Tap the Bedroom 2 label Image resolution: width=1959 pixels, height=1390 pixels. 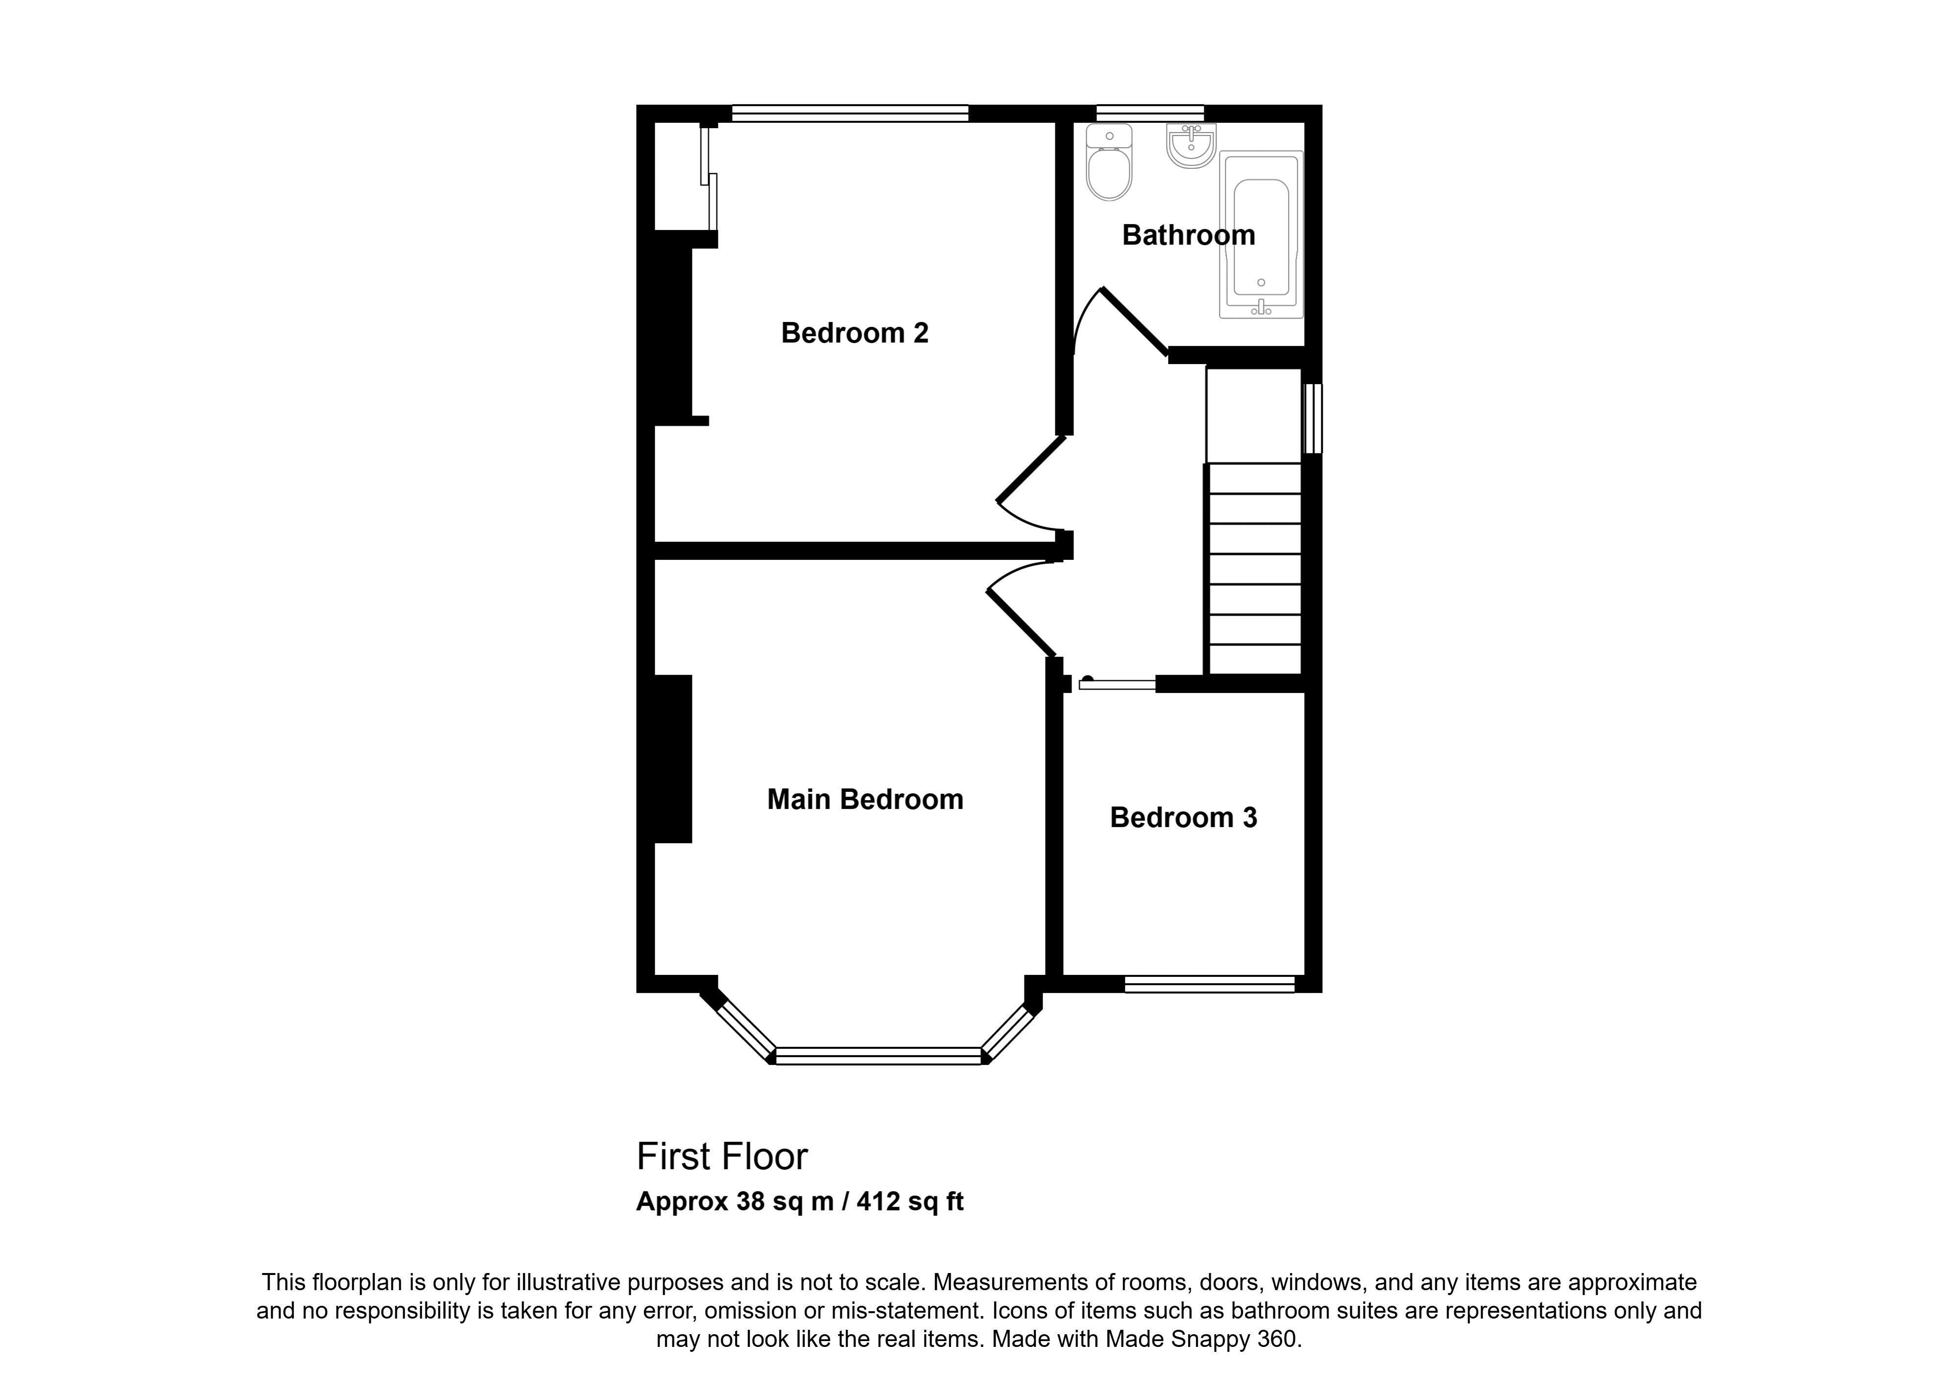pos(855,332)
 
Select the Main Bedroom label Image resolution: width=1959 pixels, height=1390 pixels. pos(865,799)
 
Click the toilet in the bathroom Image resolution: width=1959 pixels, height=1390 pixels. pos(1109,162)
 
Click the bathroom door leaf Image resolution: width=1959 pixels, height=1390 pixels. pos(1134,321)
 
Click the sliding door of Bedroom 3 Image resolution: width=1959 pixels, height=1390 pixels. pos(1117,683)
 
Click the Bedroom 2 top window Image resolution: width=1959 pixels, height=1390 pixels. pos(850,113)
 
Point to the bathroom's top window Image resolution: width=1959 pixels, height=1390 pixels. pos(1150,113)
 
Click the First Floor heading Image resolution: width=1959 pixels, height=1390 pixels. pos(722,1157)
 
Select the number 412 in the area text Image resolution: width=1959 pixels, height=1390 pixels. pos(879,1202)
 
